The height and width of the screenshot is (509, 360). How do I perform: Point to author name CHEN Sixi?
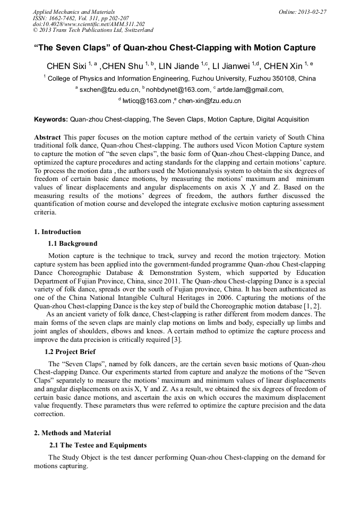(x=66, y=66)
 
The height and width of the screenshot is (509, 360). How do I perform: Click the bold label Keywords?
(x=51, y=119)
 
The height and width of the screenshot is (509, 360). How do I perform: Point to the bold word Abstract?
(x=47, y=137)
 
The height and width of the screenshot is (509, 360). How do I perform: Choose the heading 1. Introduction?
(x=57, y=232)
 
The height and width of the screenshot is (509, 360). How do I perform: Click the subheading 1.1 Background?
(x=73, y=244)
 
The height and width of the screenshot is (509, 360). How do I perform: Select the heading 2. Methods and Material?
(x=72, y=433)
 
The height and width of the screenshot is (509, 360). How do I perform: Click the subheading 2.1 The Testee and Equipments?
(x=98, y=445)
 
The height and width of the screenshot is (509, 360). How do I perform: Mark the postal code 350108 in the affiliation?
(x=285, y=78)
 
